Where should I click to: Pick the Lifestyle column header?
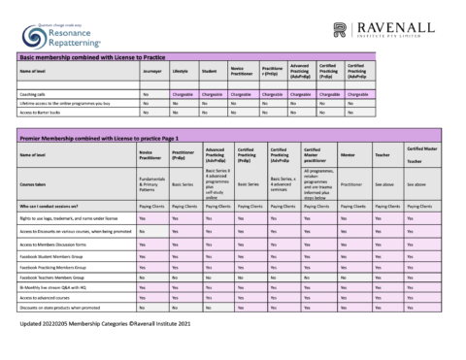click(x=182, y=71)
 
